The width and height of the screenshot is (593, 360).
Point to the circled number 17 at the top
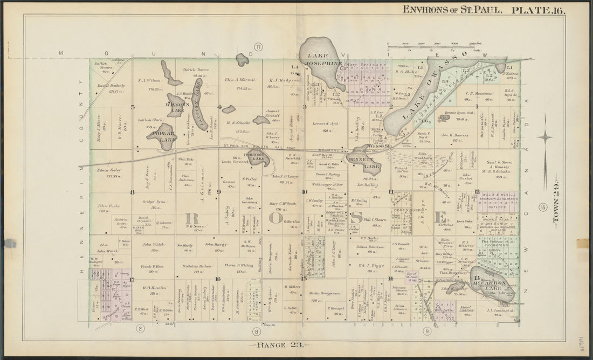(x=258, y=47)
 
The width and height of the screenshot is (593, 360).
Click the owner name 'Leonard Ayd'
(x=325, y=123)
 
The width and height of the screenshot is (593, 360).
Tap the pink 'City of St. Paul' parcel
(x=412, y=277)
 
